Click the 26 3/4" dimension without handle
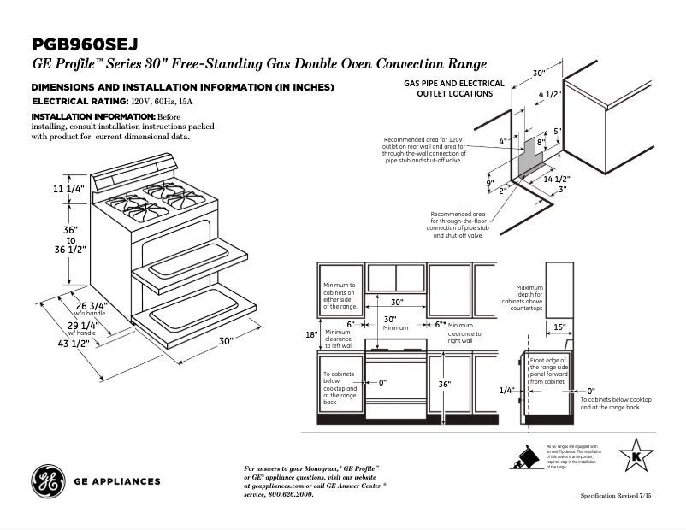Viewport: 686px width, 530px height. tap(92, 305)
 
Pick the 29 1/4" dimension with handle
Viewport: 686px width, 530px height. tap(81, 326)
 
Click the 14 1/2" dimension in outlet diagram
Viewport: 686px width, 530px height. tap(557, 179)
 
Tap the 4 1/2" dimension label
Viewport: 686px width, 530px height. tap(550, 94)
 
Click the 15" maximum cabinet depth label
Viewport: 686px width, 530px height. tap(559, 327)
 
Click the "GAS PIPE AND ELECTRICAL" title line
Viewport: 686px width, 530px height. tap(454, 84)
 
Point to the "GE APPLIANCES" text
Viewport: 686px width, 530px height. tap(118, 481)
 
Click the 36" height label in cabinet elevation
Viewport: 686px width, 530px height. tap(444, 385)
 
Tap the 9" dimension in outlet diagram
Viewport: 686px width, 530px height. tap(490, 183)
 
